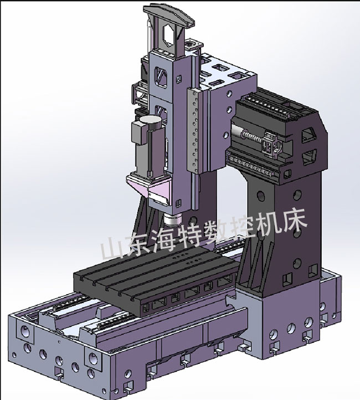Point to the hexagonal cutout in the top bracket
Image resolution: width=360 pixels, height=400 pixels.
tap(167, 37)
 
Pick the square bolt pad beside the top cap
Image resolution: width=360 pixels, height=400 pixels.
tap(193, 43)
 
